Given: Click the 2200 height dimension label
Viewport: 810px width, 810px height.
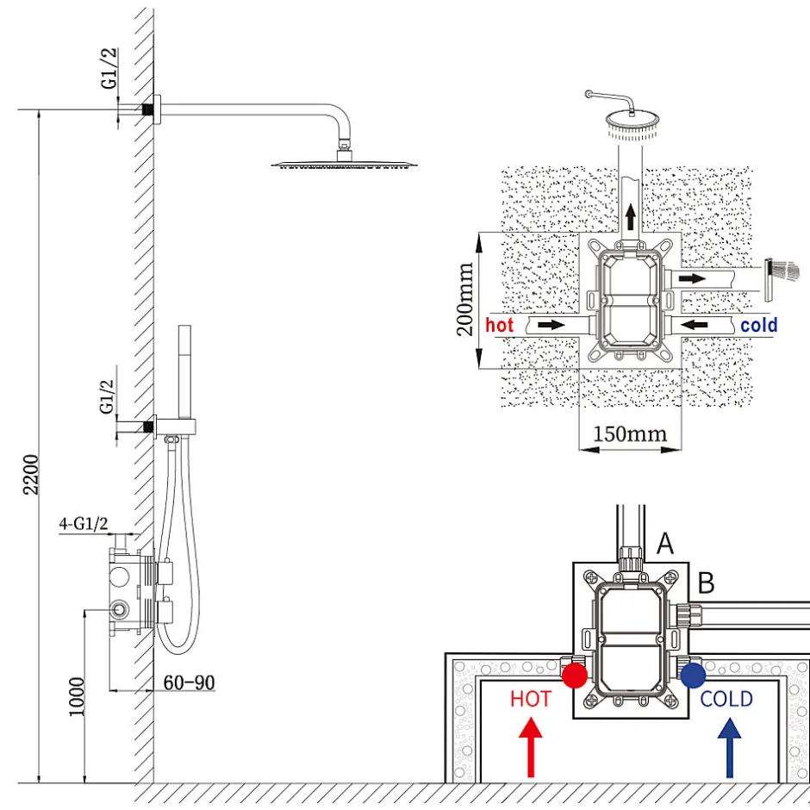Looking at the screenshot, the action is (x=32, y=474).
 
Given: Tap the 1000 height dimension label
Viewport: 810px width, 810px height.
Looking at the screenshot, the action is (x=77, y=696).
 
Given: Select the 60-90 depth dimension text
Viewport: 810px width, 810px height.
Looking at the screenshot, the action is (x=189, y=682).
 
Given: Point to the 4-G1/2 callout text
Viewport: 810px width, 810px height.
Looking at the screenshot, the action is (x=84, y=523).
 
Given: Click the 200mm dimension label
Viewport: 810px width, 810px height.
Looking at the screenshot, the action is (x=465, y=299).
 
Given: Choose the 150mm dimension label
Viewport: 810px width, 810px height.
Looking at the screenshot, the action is (x=630, y=433).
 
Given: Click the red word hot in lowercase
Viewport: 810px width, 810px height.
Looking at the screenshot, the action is (x=500, y=325).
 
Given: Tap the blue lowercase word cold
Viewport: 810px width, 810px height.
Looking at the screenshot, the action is (x=759, y=325).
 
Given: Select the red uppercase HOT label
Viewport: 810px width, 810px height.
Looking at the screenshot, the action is (x=531, y=699).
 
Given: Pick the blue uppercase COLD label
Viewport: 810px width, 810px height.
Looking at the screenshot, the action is (x=726, y=699).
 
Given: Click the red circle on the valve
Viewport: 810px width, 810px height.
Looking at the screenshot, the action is (x=575, y=676).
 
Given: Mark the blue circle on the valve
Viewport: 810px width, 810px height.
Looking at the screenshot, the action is (x=694, y=676).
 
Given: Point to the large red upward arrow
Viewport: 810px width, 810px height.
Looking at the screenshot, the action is (x=531, y=747).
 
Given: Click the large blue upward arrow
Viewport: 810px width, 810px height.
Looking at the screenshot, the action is (x=729, y=747).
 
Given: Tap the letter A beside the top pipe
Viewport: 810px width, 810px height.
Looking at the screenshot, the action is (x=665, y=544).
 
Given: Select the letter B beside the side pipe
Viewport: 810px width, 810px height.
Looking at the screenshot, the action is (x=707, y=583).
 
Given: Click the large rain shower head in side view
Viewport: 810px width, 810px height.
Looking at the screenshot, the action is (x=344, y=160).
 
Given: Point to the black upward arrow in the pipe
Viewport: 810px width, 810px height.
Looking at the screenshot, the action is (x=630, y=216).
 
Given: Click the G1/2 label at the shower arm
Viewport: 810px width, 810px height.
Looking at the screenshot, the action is (x=109, y=68).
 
